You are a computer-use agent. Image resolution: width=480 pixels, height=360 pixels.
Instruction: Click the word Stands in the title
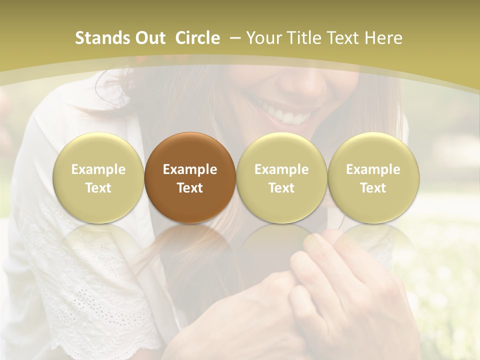pos(102,38)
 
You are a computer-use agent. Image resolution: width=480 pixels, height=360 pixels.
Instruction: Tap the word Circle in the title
pos(197,38)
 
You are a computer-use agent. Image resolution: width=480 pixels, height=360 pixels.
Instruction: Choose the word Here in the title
pos(383,38)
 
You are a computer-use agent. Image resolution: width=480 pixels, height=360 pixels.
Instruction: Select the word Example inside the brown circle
pos(190,169)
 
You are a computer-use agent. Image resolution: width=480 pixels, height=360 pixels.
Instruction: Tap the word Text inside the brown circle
pos(190,188)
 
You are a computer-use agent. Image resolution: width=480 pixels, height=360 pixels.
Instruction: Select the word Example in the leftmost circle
pos(98,169)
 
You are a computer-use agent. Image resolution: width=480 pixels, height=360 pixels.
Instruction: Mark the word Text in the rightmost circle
pos(373,188)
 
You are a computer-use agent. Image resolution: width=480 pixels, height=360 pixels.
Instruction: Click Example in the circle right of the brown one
pos(281,169)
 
